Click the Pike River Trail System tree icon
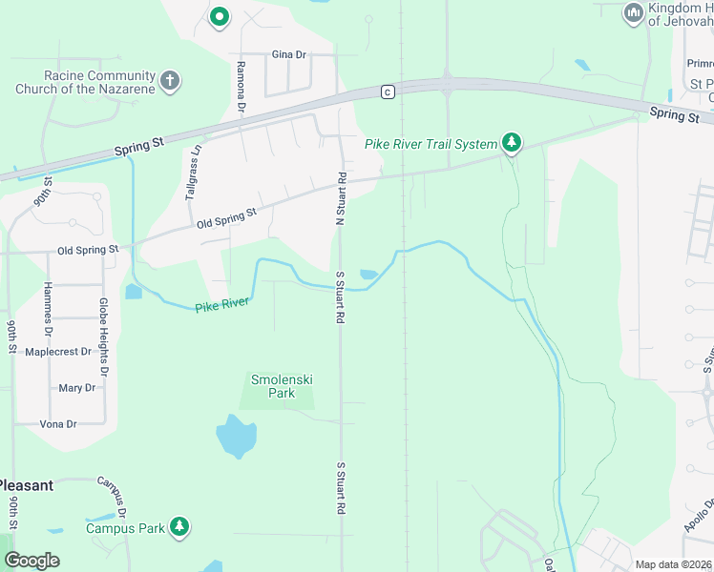pyautogui.click(x=513, y=143)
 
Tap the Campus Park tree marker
pyautogui.click(x=179, y=526)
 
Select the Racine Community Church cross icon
pyautogui.click(x=170, y=80)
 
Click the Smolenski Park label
pyautogui.click(x=282, y=386)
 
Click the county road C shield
pyautogui.click(x=387, y=92)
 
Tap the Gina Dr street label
pyautogui.click(x=288, y=54)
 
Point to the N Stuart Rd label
pyautogui.click(x=339, y=198)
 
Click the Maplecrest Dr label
pyautogui.click(x=58, y=352)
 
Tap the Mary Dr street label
pyautogui.click(x=77, y=388)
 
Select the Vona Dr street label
pyautogui.click(x=58, y=423)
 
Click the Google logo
pyautogui.click(x=32, y=561)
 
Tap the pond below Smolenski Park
pyautogui.click(x=236, y=436)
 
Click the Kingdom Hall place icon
pyautogui.click(x=632, y=13)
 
